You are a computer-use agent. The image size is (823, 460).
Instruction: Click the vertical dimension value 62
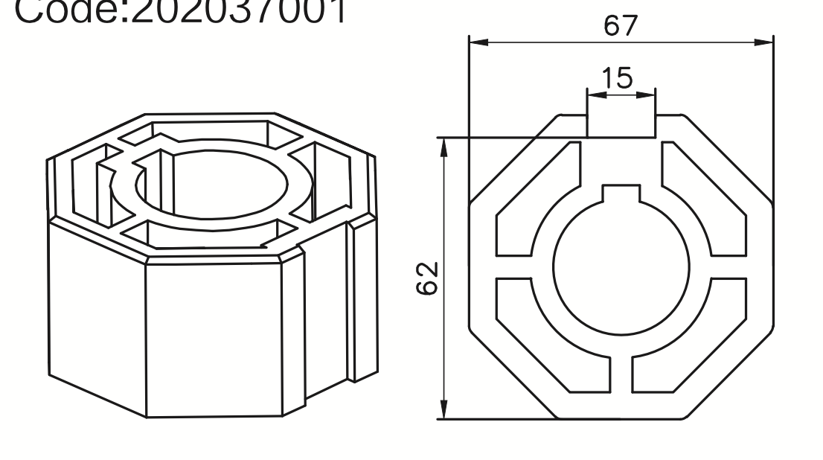pyautogui.click(x=429, y=278)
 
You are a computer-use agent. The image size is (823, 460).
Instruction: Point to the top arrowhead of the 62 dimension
pyautogui.click(x=444, y=147)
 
